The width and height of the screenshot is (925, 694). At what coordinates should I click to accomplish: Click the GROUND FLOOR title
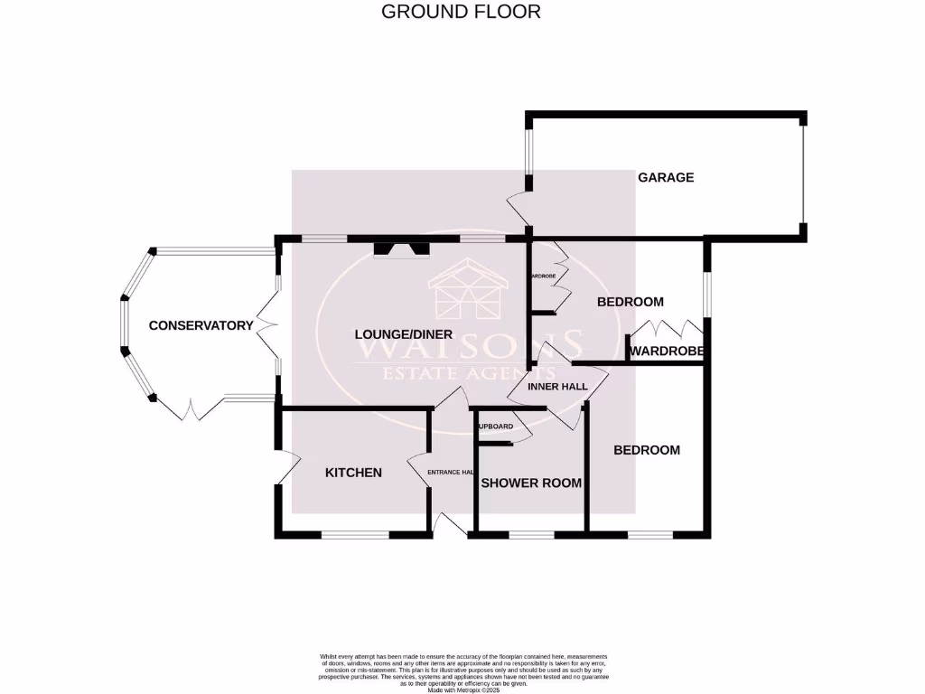[461, 12]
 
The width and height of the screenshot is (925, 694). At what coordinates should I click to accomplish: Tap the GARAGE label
[666, 177]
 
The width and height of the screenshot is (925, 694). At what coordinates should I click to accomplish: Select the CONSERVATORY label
[201, 325]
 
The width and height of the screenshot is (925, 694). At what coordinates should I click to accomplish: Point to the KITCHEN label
[353, 473]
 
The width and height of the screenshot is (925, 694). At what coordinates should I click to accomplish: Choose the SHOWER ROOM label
[531, 483]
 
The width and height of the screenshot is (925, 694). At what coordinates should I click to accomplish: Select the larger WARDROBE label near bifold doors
[668, 351]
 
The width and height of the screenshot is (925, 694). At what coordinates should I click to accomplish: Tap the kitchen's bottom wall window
[356, 535]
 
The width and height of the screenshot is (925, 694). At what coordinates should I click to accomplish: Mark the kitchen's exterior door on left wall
[286, 466]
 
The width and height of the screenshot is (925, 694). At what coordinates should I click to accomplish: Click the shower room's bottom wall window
[532, 535]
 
